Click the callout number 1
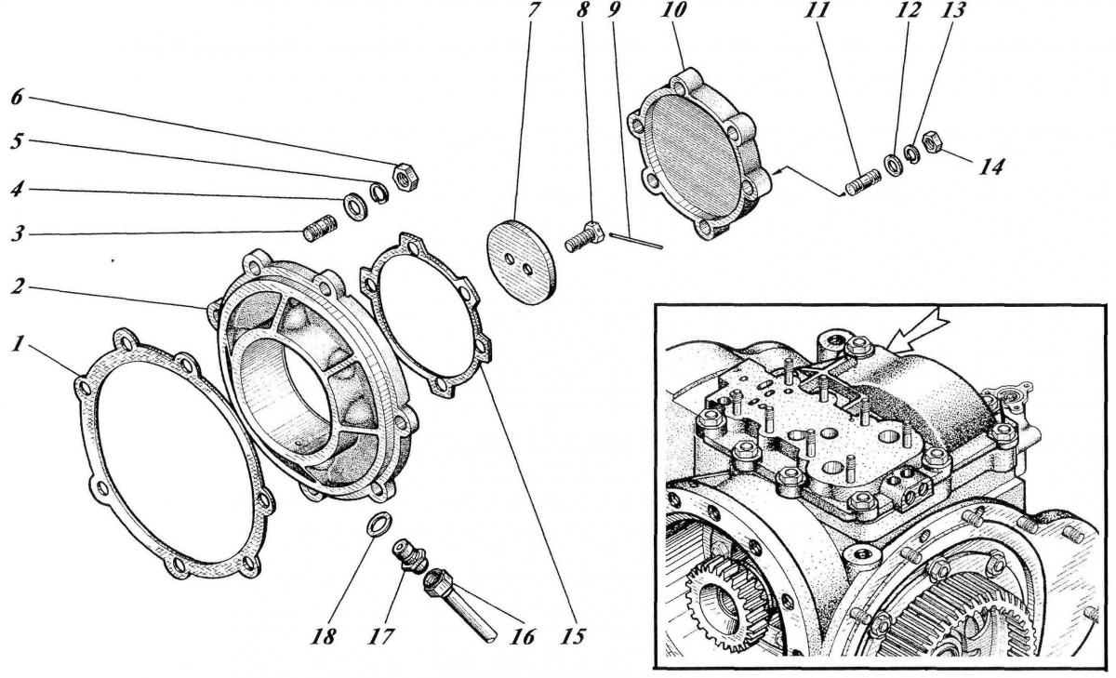click(x=19, y=343)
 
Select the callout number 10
click(x=672, y=10)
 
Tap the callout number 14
click(x=990, y=166)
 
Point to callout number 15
click(x=574, y=636)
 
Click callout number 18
click(x=324, y=636)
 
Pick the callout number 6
click(x=17, y=97)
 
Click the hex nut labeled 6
click(x=405, y=177)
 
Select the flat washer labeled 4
click(x=355, y=207)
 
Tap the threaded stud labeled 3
click(x=320, y=228)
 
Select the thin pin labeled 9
click(x=635, y=241)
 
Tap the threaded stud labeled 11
click(x=863, y=182)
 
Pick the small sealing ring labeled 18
click(x=379, y=525)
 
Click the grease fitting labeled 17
click(x=411, y=555)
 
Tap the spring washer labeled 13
click(x=911, y=154)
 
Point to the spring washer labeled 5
click(x=379, y=193)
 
